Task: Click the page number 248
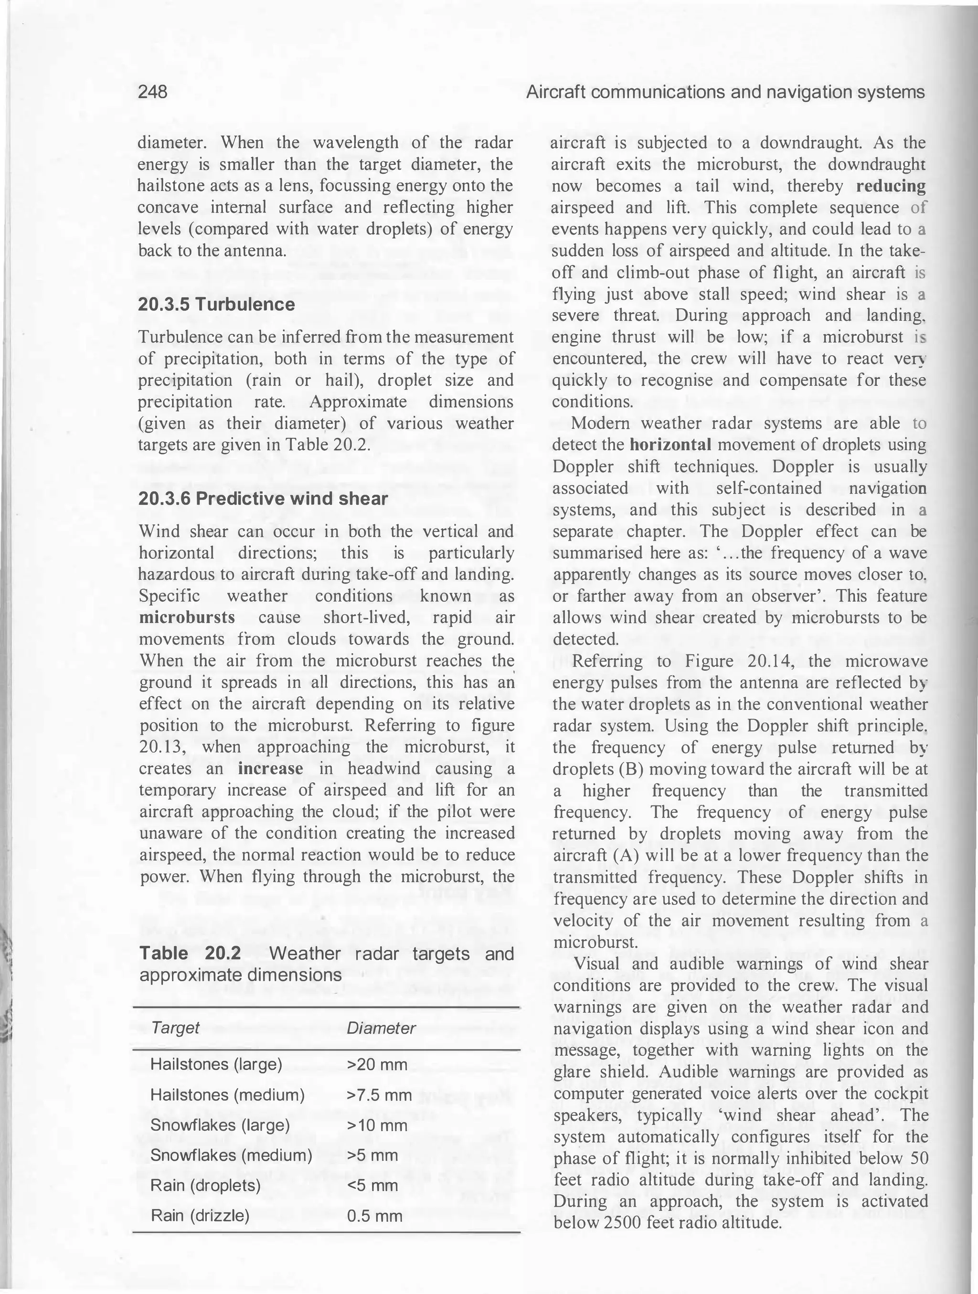(x=153, y=92)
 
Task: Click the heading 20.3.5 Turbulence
(x=216, y=304)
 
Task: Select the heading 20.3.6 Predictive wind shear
(x=263, y=499)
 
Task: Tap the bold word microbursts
(x=187, y=618)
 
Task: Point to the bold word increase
(x=270, y=769)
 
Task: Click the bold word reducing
(x=891, y=187)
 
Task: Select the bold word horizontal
(x=670, y=445)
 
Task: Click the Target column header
(x=175, y=1028)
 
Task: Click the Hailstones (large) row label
(x=216, y=1064)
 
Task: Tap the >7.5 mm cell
(x=380, y=1094)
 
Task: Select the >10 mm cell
(x=377, y=1125)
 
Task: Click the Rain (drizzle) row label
(x=200, y=1216)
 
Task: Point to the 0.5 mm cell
(x=374, y=1216)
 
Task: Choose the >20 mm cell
(x=377, y=1064)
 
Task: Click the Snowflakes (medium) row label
(x=231, y=1156)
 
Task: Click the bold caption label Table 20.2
(x=190, y=954)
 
